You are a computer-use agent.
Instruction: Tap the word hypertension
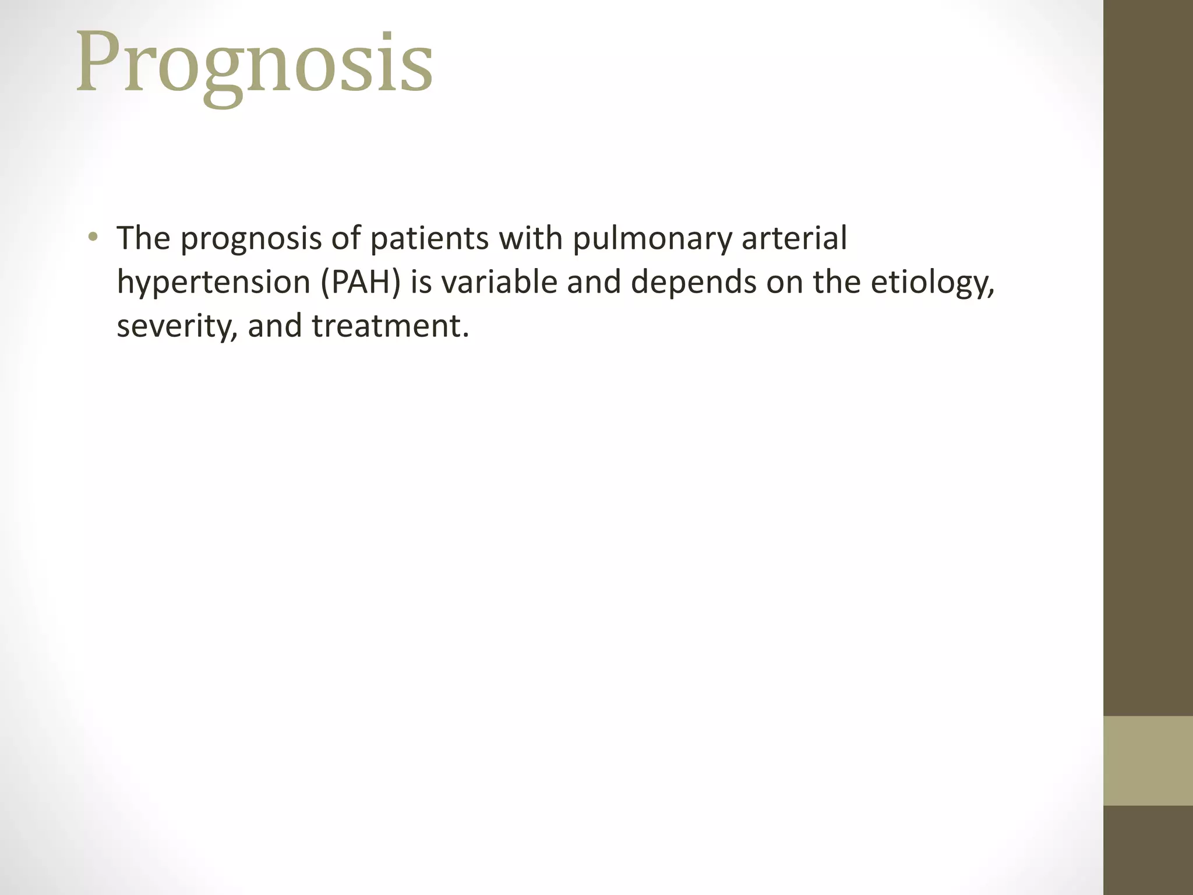[213, 283]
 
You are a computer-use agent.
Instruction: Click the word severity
[177, 326]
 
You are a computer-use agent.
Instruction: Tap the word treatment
[390, 325]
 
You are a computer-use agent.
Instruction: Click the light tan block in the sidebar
[1148, 760]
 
